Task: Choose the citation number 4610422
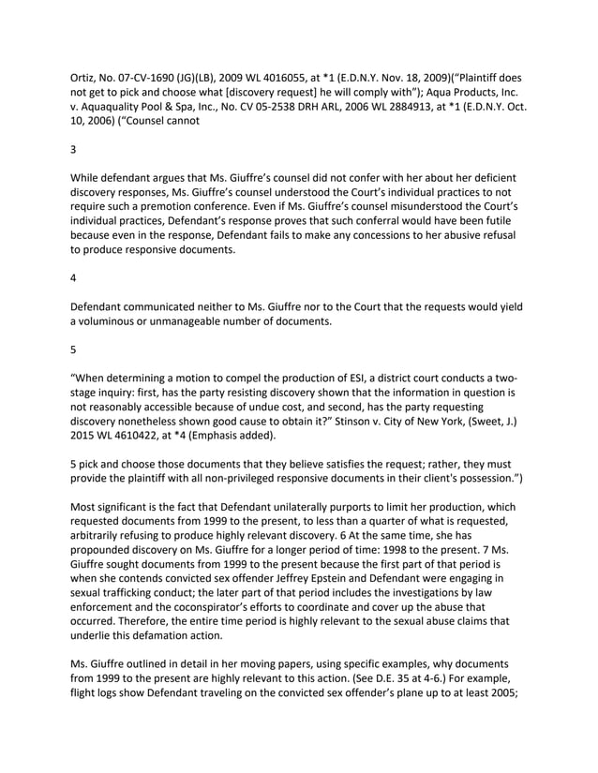(x=134, y=441)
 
